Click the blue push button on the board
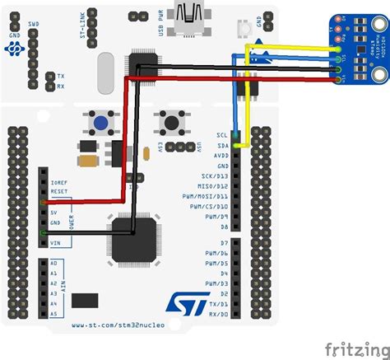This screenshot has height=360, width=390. (x=103, y=124)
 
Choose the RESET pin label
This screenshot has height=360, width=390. (x=59, y=190)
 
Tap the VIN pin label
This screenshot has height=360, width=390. (x=55, y=242)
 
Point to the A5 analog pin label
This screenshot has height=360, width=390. (x=53, y=313)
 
